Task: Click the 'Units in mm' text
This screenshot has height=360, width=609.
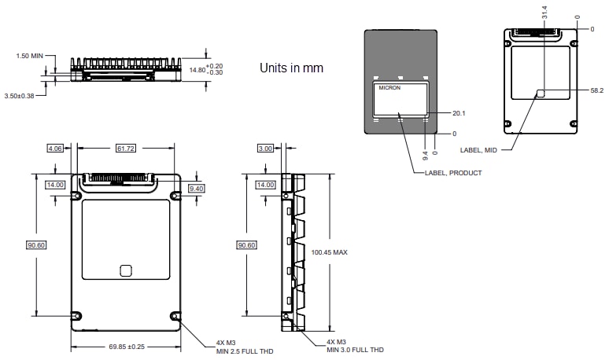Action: pos(291,68)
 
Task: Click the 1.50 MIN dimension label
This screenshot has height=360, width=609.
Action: pos(30,56)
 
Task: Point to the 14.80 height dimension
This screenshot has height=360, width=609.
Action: pos(198,69)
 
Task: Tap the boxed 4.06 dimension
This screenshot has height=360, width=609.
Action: pos(55,148)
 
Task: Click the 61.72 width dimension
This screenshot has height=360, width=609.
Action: pos(126,148)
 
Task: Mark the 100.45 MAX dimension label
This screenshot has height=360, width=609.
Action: pos(330,252)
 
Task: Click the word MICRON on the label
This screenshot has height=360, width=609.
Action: pos(389,88)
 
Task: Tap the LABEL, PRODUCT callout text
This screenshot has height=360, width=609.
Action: pos(453,172)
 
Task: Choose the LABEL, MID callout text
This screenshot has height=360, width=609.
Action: pos(478,148)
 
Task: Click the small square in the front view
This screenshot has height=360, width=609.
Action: pos(125,270)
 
